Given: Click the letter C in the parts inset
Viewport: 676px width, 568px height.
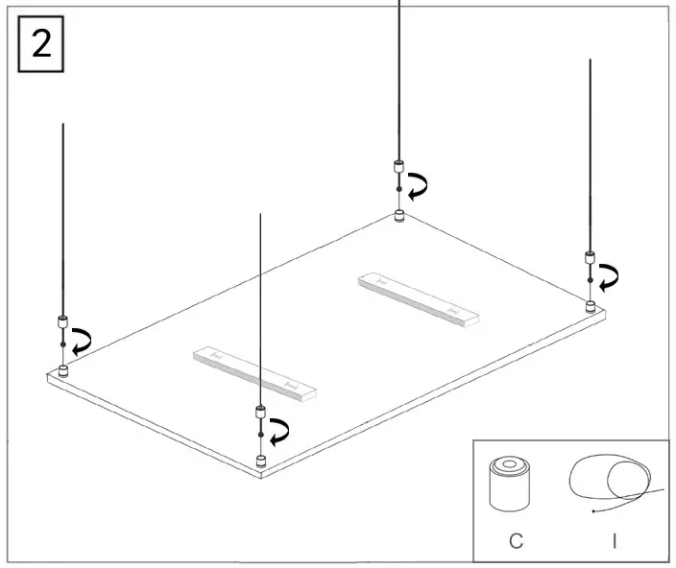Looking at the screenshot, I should click(x=516, y=541).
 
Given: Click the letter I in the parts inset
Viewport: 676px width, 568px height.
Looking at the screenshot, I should click(x=614, y=541).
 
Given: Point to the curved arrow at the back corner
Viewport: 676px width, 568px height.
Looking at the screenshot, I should click(x=417, y=185).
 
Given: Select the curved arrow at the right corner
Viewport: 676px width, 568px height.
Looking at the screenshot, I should click(x=607, y=277).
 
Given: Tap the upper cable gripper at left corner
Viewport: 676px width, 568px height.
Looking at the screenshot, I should click(x=63, y=321).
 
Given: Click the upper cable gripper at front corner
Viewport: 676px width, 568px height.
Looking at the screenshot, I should click(x=260, y=413).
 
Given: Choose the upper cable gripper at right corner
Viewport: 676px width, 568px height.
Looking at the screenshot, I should click(x=590, y=258).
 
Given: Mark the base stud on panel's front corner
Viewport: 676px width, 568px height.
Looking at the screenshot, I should click(x=260, y=463).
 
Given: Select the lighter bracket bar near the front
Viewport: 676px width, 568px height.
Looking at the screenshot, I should click(x=254, y=372).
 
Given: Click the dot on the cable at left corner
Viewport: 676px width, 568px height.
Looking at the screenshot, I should click(x=63, y=343).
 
